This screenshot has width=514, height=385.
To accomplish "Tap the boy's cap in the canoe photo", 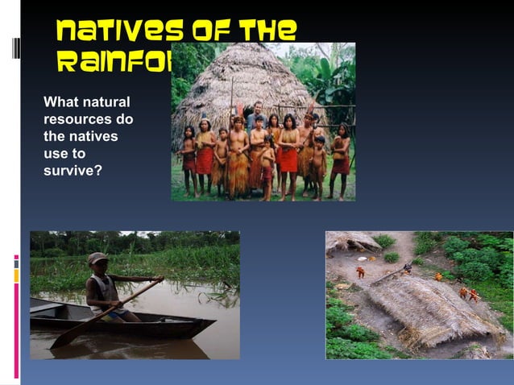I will pos(97,259).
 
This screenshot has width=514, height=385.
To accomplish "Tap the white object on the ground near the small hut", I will pos(362,259).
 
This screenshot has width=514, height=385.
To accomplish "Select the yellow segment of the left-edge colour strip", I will pos(16,275).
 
